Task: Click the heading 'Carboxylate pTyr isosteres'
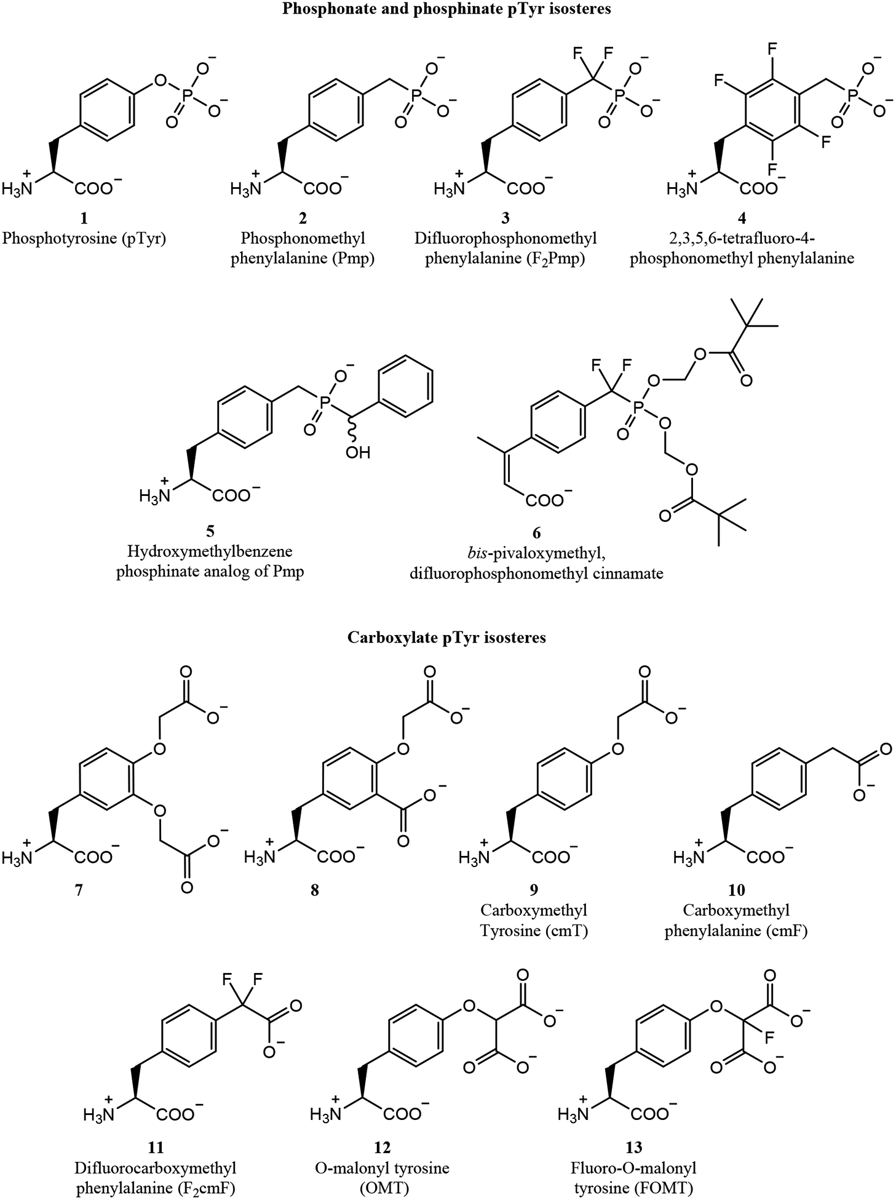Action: [x=446, y=638]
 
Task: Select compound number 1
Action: [x=84, y=218]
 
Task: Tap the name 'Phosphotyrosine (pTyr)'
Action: [x=84, y=239]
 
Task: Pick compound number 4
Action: [x=742, y=218]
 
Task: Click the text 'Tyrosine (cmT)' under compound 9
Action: [x=534, y=931]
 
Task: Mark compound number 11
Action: [x=156, y=1147]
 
